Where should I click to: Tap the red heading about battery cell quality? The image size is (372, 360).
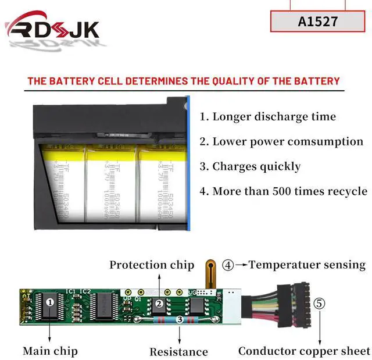pyautogui.click(x=183, y=81)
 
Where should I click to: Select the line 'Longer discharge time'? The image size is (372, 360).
pyautogui.click(x=268, y=116)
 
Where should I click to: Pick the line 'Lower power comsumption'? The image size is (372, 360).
pyautogui.click(x=281, y=141)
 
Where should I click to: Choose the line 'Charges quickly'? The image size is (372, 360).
pyautogui.click(x=250, y=166)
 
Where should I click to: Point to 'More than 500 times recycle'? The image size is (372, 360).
pyautogui.click(x=283, y=191)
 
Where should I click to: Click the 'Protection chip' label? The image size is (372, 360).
pyautogui.click(x=152, y=265)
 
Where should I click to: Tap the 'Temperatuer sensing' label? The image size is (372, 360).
pyautogui.click(x=307, y=265)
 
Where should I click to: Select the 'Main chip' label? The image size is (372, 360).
pyautogui.click(x=50, y=351)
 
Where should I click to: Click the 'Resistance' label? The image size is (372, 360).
pyautogui.click(x=178, y=351)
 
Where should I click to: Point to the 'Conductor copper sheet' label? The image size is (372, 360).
pyautogui.click(x=304, y=351)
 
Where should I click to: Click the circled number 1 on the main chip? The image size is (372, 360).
pyautogui.click(x=50, y=302)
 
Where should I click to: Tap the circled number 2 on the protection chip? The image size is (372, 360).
pyautogui.click(x=158, y=304)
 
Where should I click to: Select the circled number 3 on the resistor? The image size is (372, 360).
pyautogui.click(x=180, y=319)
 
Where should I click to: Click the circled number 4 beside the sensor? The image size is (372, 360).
pyautogui.click(x=228, y=265)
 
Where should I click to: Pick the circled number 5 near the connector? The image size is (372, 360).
pyautogui.click(x=320, y=303)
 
